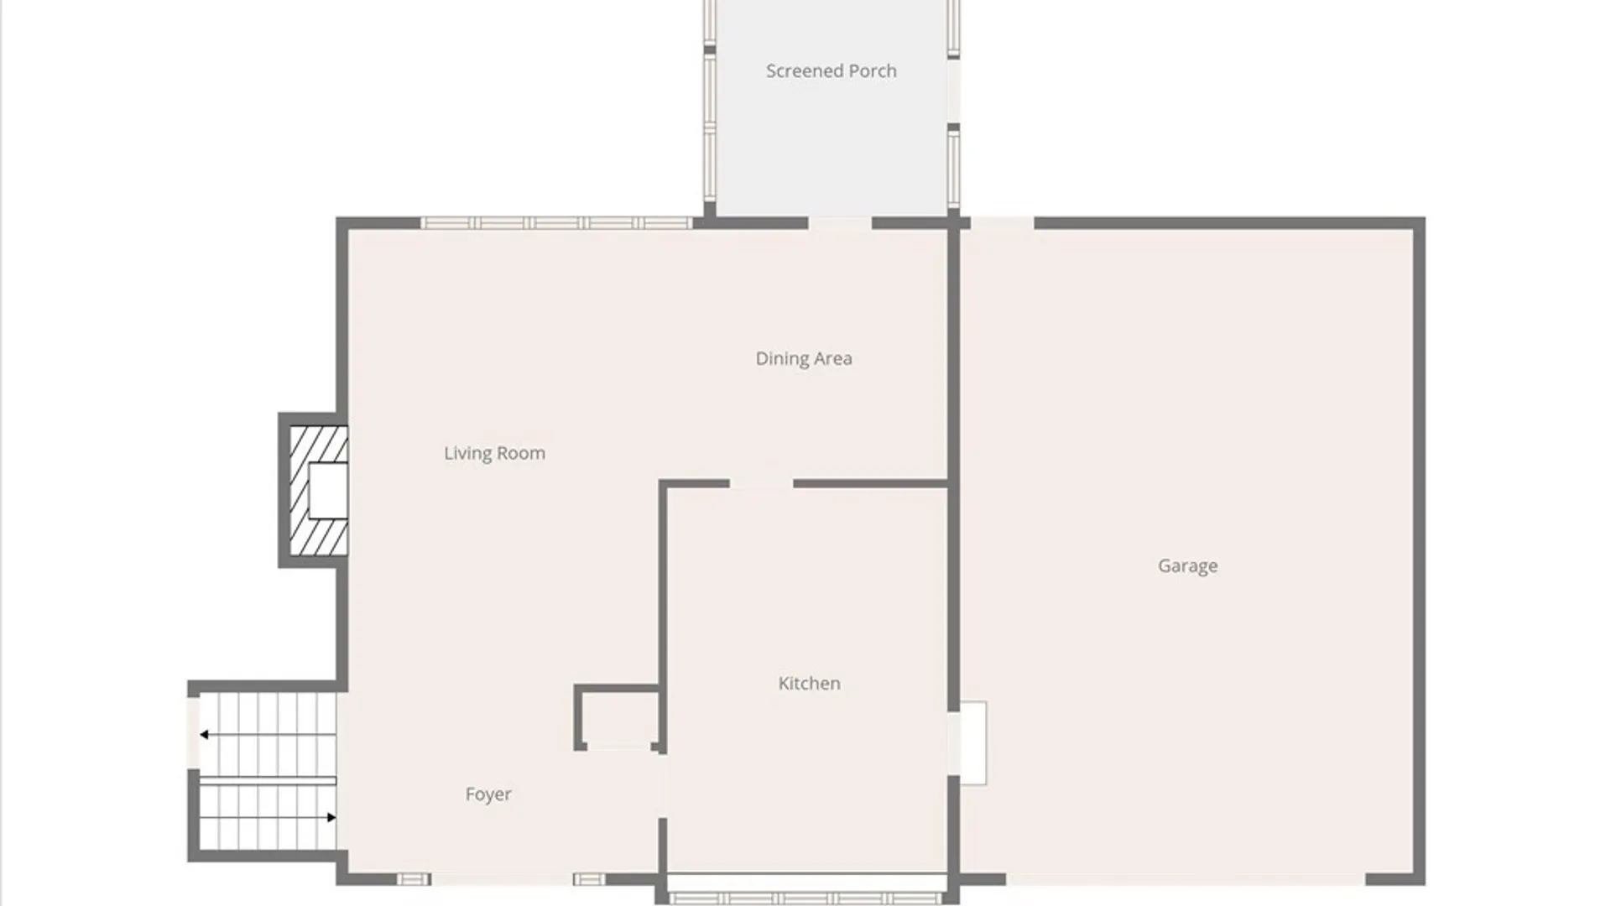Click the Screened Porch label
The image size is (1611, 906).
click(831, 71)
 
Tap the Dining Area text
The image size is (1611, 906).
click(804, 359)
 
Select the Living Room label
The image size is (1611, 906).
click(494, 454)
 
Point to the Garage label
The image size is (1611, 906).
click(1187, 566)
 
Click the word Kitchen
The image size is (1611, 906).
click(809, 684)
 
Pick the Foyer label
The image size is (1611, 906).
click(488, 794)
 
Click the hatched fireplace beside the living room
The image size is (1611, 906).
click(318, 491)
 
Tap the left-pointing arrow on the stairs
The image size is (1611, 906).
click(268, 735)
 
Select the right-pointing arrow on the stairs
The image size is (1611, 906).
click(268, 817)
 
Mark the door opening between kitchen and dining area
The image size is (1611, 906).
click(761, 484)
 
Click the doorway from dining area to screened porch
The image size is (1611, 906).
click(840, 223)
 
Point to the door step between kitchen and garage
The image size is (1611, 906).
click(972, 743)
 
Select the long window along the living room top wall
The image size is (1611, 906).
click(556, 223)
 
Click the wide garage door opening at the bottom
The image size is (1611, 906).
click(1186, 879)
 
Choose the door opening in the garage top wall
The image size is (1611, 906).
click(1002, 223)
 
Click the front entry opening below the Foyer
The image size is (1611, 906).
click(502, 879)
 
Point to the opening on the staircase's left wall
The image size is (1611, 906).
click(193, 732)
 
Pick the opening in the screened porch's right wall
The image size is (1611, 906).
click(954, 91)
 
